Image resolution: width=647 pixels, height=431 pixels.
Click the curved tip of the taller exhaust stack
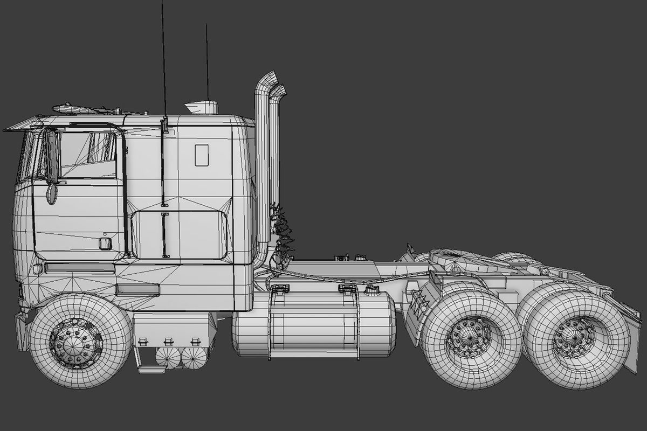coord(267,78)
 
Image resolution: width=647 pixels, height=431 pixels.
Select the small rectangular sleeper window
coord(202,155)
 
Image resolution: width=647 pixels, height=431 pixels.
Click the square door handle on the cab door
coord(105,244)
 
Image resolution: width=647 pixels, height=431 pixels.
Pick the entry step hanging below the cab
coord(151,369)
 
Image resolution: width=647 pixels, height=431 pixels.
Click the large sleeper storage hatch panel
coord(179,235)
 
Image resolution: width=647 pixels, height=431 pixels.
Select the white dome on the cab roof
coord(202,107)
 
